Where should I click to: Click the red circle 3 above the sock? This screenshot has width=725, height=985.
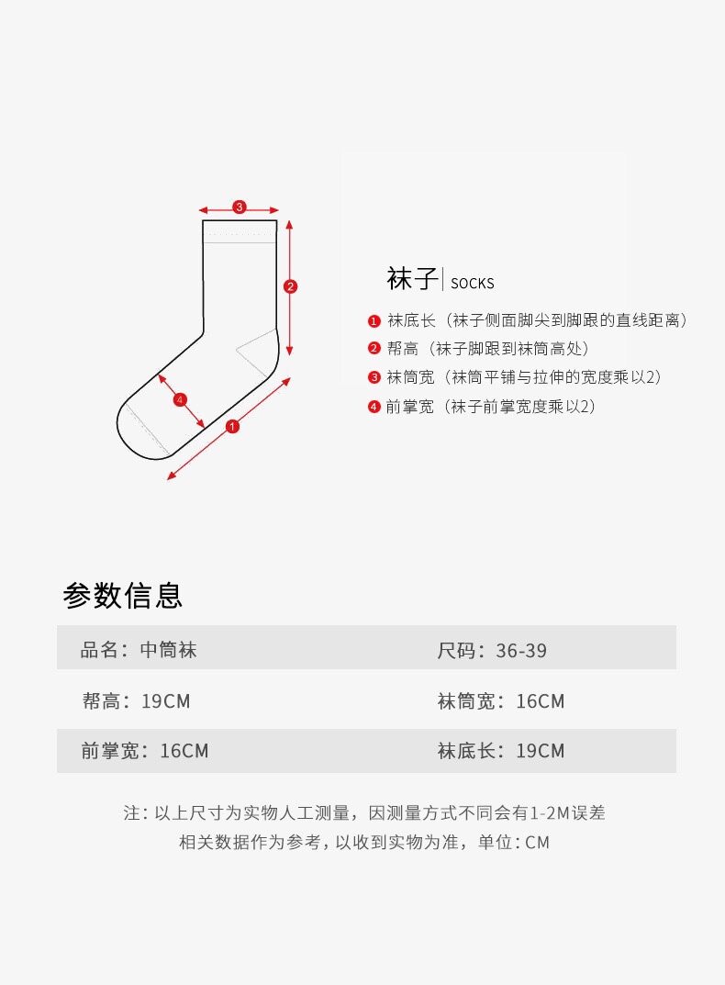click(x=239, y=207)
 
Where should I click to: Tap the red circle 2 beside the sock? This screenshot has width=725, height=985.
click(x=290, y=286)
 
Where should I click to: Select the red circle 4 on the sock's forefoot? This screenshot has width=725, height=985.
click(x=180, y=399)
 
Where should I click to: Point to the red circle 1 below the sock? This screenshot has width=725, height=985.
click(x=232, y=426)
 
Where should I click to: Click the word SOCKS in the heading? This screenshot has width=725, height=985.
click(x=473, y=283)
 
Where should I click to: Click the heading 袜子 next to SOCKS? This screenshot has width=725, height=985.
click(x=412, y=278)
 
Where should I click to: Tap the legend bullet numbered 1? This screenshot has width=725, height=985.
click(x=374, y=321)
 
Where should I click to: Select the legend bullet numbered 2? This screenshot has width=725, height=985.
click(x=374, y=349)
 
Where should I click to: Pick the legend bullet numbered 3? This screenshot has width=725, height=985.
click(x=374, y=377)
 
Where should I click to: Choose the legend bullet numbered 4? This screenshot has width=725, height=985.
click(x=374, y=407)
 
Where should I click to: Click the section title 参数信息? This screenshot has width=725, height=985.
click(x=123, y=595)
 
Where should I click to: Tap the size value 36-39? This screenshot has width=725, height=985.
click(x=521, y=651)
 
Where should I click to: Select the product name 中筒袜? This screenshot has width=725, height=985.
click(x=169, y=651)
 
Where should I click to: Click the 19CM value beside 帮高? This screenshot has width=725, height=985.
click(x=165, y=701)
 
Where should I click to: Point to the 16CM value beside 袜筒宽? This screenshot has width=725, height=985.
click(x=541, y=701)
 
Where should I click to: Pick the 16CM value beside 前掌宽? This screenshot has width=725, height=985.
click(x=184, y=751)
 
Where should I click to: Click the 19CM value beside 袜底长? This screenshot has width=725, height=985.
click(x=541, y=751)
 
